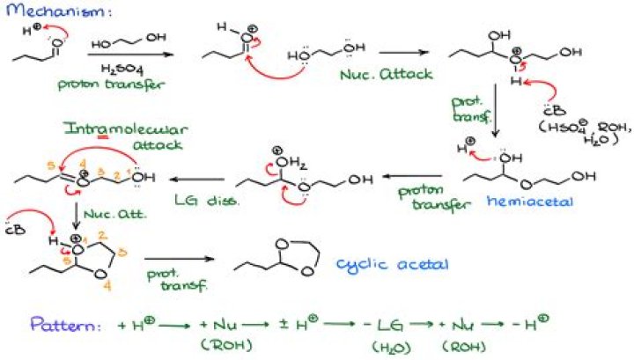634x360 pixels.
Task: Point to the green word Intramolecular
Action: [x=107, y=129]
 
